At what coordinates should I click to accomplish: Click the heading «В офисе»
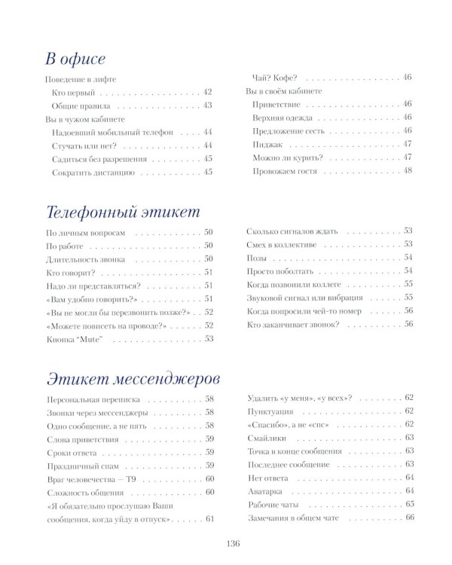[x=75, y=59]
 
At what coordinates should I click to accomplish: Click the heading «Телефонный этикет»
[x=123, y=211]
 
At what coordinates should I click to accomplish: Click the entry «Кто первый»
[x=73, y=92]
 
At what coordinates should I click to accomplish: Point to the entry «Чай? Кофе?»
[x=274, y=78]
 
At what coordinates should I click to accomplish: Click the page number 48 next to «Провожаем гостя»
[x=408, y=171]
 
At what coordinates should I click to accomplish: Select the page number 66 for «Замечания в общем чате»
[x=410, y=518]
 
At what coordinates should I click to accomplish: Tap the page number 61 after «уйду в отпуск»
[x=209, y=519]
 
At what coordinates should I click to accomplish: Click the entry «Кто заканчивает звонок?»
[x=293, y=325]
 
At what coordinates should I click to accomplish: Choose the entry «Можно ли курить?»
[x=288, y=157]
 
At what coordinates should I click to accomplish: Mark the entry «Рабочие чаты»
[x=273, y=505]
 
